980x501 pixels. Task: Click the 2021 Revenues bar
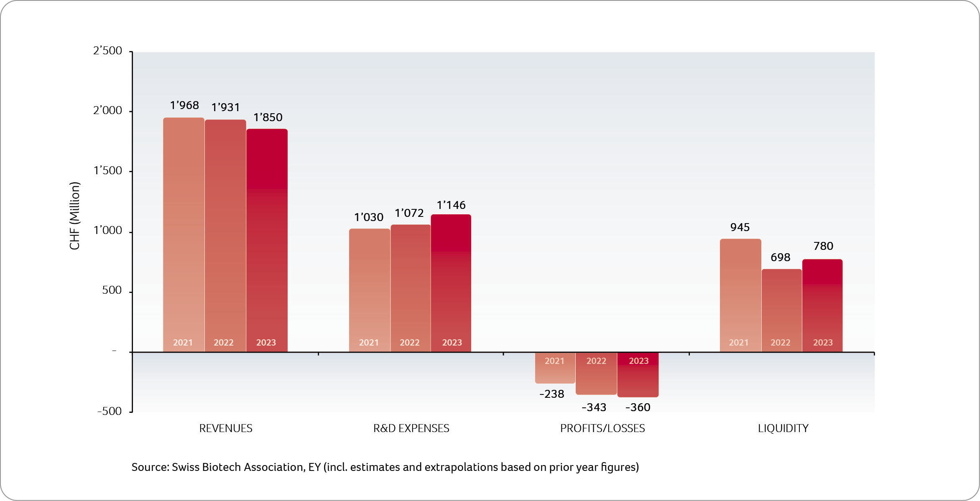[x=184, y=234]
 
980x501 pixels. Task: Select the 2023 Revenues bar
[x=267, y=240]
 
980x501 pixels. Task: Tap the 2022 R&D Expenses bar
[x=411, y=288]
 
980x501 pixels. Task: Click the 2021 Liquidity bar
[x=740, y=295]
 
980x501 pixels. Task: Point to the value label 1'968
[x=184, y=105]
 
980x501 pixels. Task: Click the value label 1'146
[x=451, y=205]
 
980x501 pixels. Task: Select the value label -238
[x=552, y=394]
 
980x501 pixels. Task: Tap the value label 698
[x=781, y=257]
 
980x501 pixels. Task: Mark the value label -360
[x=638, y=407]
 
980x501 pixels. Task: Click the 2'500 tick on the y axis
[x=107, y=51]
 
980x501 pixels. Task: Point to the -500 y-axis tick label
[x=110, y=411]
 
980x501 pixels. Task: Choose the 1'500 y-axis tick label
[x=107, y=171]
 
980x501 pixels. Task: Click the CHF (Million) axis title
[x=74, y=216]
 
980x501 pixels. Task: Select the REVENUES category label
[x=226, y=428]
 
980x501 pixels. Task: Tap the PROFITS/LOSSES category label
[x=602, y=428]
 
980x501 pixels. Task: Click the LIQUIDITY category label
[x=783, y=428]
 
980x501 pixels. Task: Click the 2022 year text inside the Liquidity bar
[x=781, y=343]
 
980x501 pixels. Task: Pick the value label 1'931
[x=226, y=107]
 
